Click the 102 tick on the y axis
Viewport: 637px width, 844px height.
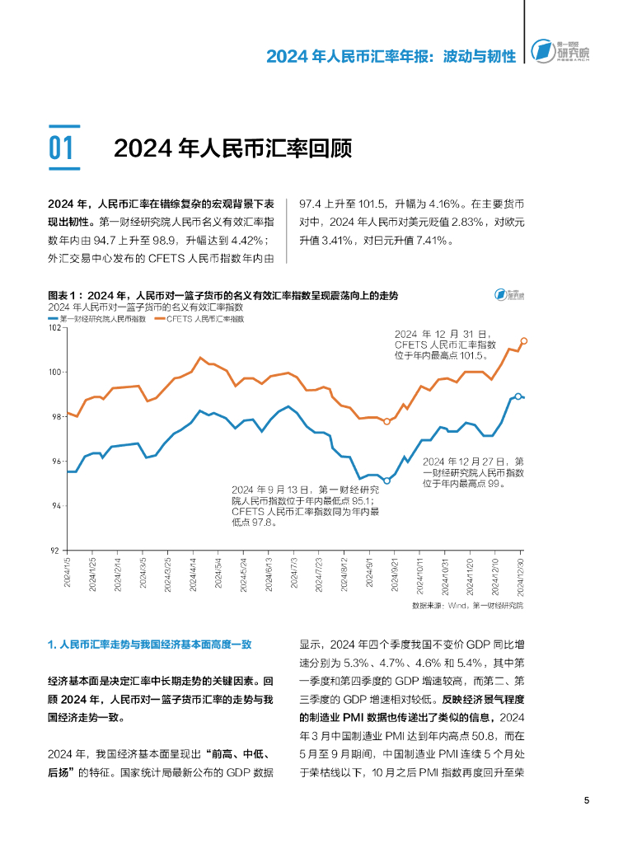tap(56, 328)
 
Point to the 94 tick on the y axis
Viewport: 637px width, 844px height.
tap(57, 506)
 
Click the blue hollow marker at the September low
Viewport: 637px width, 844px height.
tap(386, 481)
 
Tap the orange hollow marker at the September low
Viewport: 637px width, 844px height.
tap(386, 421)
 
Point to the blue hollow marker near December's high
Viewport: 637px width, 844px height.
tap(518, 396)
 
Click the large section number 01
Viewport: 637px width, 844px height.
tap(62, 148)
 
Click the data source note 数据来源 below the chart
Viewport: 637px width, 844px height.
tap(466, 605)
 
